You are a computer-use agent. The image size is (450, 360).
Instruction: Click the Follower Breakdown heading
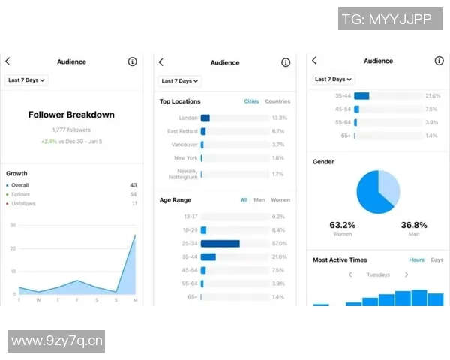point(71,115)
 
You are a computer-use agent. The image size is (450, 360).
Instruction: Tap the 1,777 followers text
point(71,130)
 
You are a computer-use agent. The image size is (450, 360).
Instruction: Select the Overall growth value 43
point(133,185)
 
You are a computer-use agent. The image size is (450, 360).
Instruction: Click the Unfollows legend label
point(23,204)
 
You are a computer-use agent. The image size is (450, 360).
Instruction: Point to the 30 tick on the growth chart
point(13,225)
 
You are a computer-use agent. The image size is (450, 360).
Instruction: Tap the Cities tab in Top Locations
point(251,101)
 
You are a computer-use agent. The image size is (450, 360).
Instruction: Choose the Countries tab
point(277,101)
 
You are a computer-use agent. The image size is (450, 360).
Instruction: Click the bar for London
point(205,118)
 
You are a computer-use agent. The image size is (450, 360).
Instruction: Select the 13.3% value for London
point(280,118)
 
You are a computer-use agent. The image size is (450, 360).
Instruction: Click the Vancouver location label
point(184,145)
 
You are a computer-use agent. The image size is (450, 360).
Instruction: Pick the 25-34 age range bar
point(220,244)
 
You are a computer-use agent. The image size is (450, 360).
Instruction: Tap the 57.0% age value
point(280,244)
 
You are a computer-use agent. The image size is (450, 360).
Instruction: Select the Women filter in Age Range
point(280,200)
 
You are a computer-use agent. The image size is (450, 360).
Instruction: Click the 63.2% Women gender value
point(343,225)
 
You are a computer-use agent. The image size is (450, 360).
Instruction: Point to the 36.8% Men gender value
point(414,225)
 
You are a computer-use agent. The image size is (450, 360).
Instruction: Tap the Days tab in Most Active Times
point(436,259)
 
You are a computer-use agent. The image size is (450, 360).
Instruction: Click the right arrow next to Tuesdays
point(406,274)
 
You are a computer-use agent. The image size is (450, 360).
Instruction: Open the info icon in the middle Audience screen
point(286,62)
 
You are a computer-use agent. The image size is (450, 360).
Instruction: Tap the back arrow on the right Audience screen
point(314,61)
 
